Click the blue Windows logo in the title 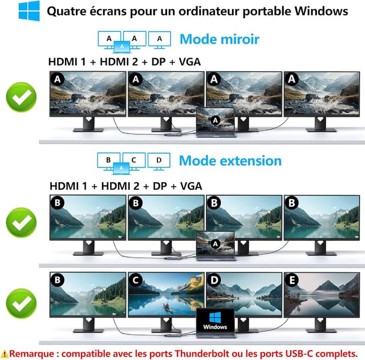29,11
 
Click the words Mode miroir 219,39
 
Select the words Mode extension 230,161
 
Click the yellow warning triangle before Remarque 5,353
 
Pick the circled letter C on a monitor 135,280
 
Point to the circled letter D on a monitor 213,280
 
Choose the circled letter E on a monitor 291,280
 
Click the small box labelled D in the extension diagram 159,160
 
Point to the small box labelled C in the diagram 133,160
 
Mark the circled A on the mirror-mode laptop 214,120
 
